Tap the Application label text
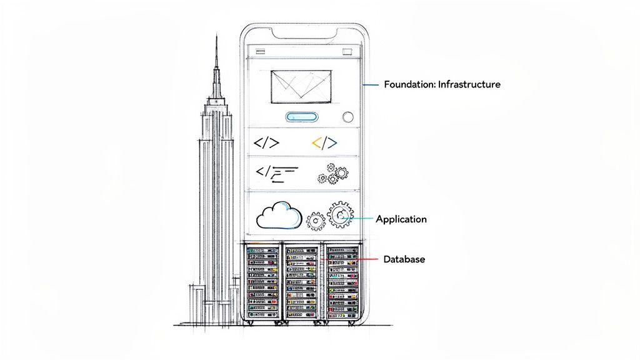[401, 219]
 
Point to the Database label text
[404, 259]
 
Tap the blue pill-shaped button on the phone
[302, 117]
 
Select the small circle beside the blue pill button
[348, 116]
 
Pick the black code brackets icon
[266, 142]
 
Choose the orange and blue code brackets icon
[324, 143]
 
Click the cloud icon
[279, 216]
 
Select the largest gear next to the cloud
[341, 216]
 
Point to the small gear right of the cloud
[316, 220]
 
